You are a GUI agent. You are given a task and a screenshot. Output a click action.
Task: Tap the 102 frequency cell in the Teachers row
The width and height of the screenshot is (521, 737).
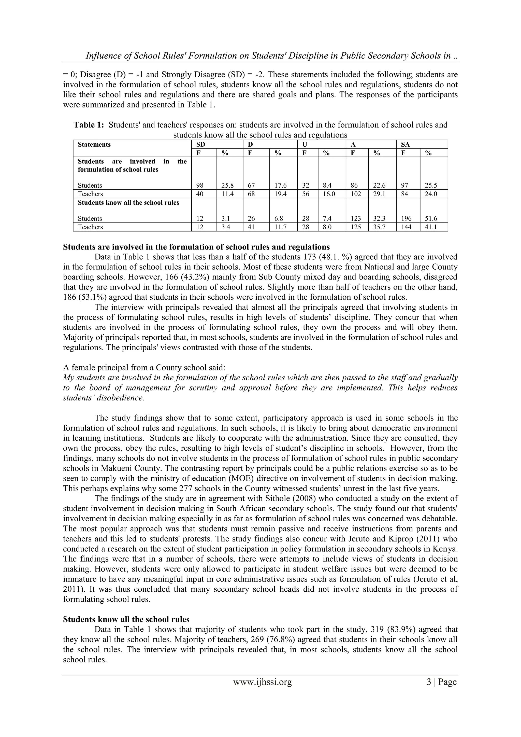point(356,194)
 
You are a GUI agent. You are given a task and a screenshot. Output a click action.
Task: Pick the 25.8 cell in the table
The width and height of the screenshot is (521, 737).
point(227,186)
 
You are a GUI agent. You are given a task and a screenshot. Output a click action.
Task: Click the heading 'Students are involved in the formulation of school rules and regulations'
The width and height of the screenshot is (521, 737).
point(196,247)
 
